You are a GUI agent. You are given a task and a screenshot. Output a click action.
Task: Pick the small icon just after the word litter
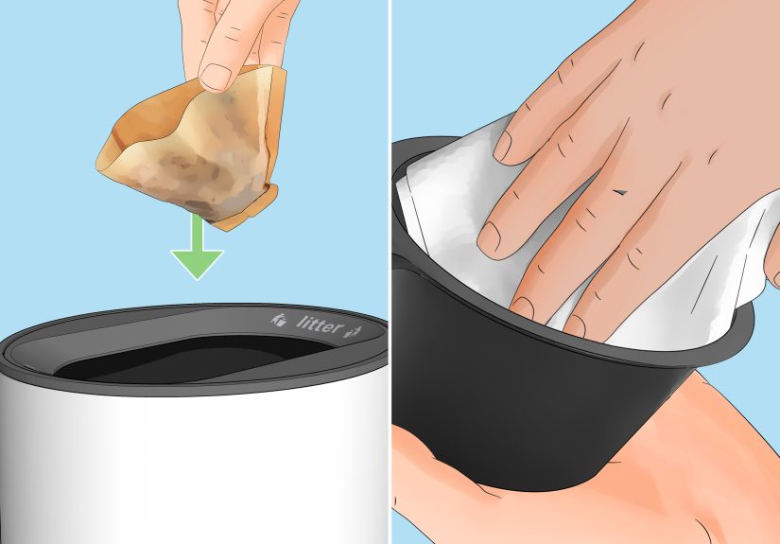click(356, 330)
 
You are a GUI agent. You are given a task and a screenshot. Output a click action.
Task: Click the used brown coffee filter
click(189, 147)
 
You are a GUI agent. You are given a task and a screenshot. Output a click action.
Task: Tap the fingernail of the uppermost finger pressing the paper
click(508, 145)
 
